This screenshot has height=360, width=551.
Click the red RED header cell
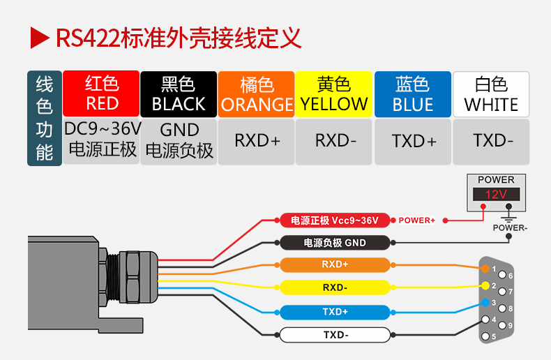(x=101, y=93)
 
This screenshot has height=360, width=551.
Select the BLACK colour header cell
(x=179, y=93)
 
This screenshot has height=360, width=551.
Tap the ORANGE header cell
(x=257, y=93)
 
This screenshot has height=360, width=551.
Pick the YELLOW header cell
(x=334, y=93)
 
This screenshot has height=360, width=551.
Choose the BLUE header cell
(x=412, y=93)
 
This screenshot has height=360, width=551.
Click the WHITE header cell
(x=491, y=93)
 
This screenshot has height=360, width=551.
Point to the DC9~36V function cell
(x=101, y=140)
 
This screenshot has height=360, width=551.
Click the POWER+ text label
(x=416, y=220)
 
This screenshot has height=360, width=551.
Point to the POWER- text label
(x=510, y=227)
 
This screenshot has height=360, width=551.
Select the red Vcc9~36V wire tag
(x=335, y=220)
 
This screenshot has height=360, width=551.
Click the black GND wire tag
(x=335, y=243)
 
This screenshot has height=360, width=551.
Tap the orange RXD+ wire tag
(x=335, y=265)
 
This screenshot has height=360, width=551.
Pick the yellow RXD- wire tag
(x=335, y=287)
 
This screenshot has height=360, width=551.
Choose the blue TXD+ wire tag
(x=335, y=312)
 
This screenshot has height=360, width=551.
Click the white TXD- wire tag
(x=335, y=335)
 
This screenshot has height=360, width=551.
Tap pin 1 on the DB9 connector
(x=486, y=268)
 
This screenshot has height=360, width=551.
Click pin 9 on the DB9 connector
(x=503, y=326)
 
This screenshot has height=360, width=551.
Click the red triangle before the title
(x=40, y=38)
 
